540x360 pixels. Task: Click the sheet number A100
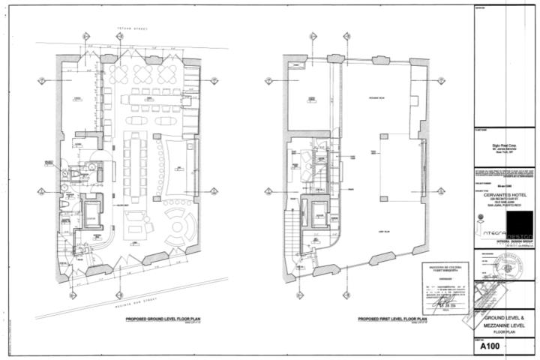(491, 347)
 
